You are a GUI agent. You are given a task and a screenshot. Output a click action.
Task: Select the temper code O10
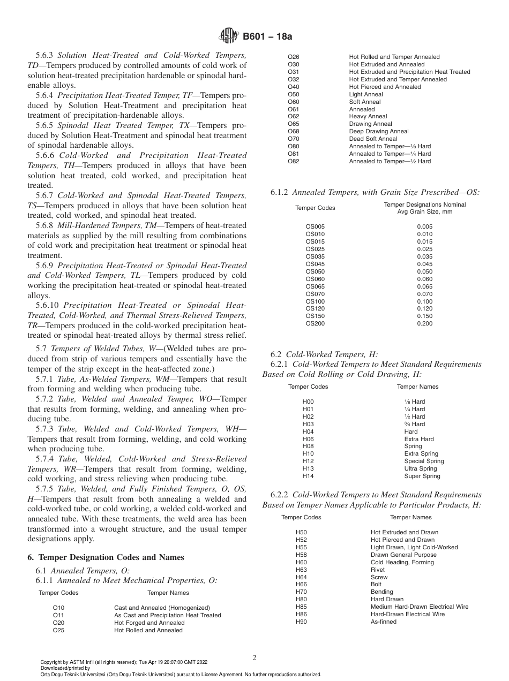pyautogui.click(x=58, y=608)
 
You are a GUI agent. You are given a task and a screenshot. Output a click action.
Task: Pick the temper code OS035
pyautogui.click(x=315, y=256)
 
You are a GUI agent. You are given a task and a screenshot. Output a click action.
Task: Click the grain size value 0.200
pyautogui.click(x=424, y=323)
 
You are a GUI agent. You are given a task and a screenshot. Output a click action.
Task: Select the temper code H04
pyautogui.click(x=308, y=432)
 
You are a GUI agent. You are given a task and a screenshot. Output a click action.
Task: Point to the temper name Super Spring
pyautogui.click(x=422, y=476)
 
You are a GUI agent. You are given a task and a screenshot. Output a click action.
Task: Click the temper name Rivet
pyautogui.click(x=378, y=570)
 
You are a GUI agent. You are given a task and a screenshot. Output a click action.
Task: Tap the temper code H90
pyautogui.click(x=301, y=622)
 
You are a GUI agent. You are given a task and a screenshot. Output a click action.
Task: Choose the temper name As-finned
pyautogui.click(x=384, y=622)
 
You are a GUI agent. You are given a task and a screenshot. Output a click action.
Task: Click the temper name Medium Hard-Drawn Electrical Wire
pyautogui.click(x=420, y=607)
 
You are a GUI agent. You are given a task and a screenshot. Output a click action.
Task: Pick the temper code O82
pyautogui.click(x=294, y=161)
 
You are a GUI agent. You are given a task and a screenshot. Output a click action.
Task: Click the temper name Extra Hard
pyautogui.click(x=419, y=439)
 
